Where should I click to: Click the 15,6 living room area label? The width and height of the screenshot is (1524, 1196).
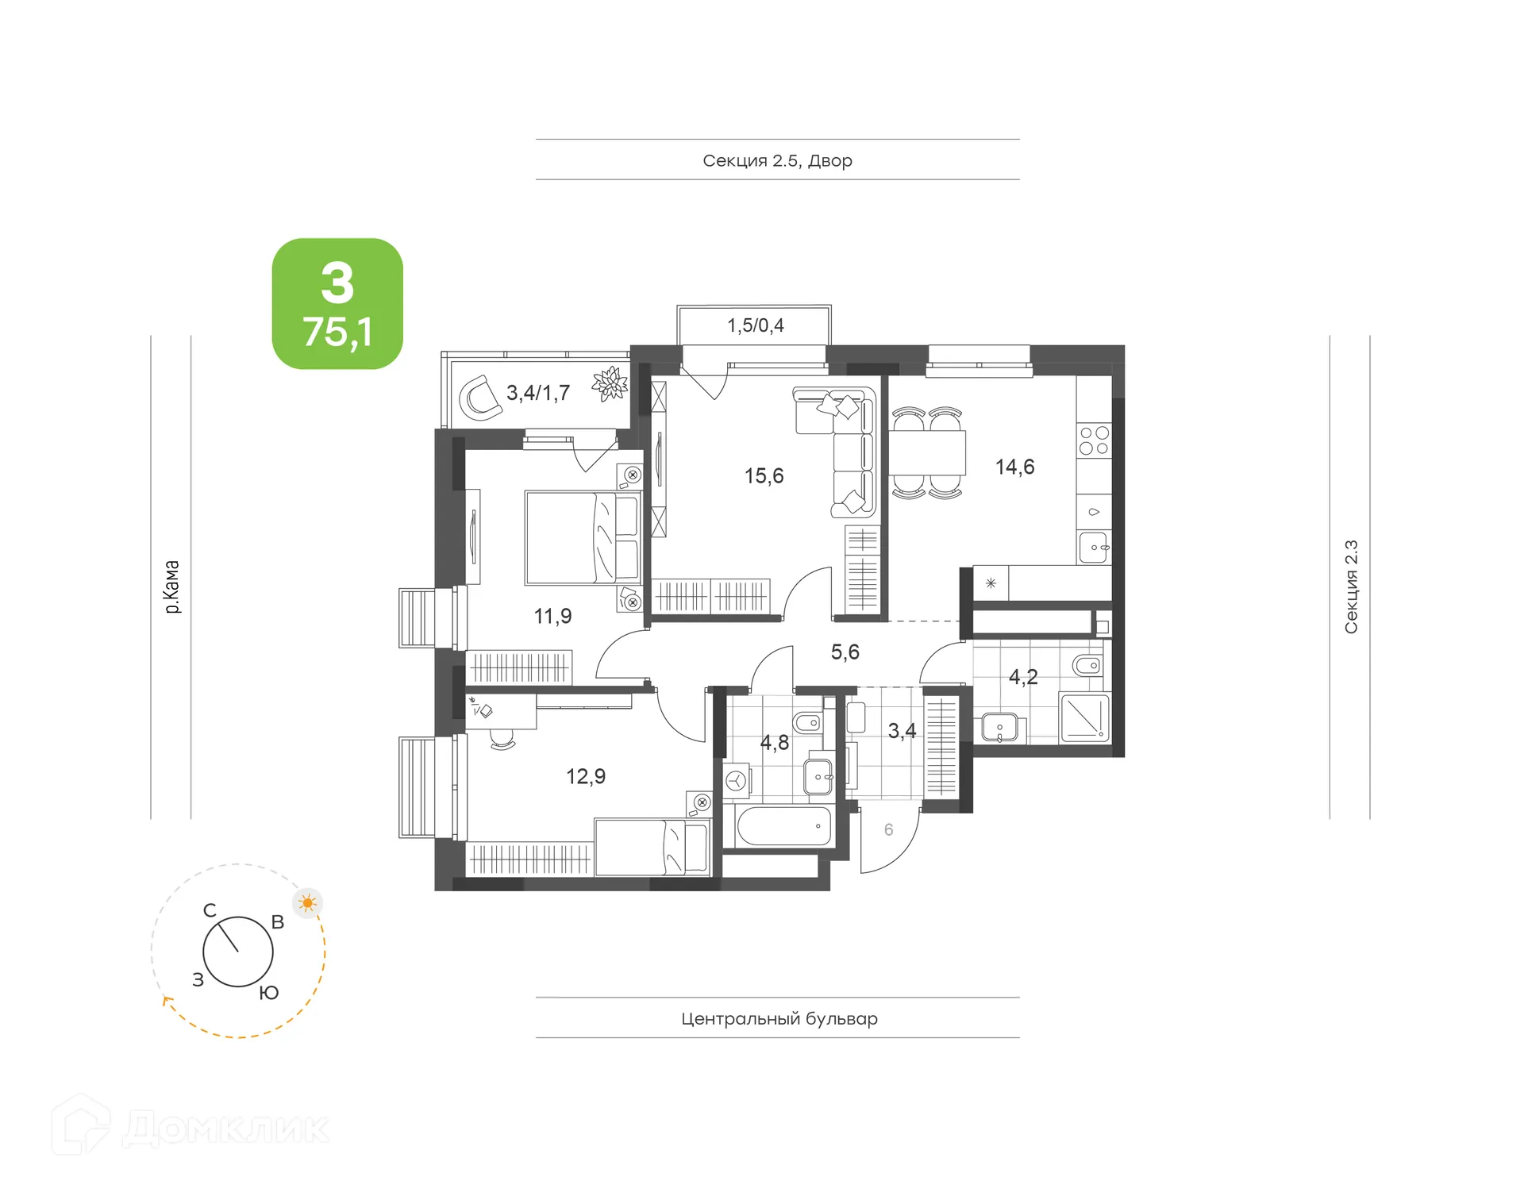pos(764,476)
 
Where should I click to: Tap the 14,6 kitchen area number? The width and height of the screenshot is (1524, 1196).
pos(1014,467)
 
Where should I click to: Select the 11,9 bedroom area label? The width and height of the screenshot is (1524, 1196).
pos(552,616)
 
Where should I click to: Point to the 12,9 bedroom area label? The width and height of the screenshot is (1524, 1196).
pos(585,776)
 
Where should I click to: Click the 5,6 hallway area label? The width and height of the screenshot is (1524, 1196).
pos(845,652)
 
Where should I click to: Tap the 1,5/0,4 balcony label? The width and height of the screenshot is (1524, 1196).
pos(755,325)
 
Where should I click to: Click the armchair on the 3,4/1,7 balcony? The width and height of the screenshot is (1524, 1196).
pos(480,398)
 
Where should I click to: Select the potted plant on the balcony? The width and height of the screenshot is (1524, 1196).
pos(610,384)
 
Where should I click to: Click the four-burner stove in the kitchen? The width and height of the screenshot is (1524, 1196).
pos(1093,440)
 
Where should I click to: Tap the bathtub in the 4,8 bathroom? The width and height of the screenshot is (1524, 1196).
pos(783,826)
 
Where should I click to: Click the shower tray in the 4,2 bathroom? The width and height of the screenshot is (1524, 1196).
pos(1083,717)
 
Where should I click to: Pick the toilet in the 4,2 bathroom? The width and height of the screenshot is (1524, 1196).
pos(1087,665)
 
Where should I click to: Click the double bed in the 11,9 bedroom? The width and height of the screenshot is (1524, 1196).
pos(582,537)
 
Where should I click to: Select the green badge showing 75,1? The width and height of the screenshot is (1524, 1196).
pos(337,304)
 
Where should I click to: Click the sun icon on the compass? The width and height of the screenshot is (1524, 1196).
pos(308,902)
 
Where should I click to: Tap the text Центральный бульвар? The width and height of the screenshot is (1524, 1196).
pos(779,1019)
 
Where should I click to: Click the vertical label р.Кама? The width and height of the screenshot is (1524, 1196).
pos(171,586)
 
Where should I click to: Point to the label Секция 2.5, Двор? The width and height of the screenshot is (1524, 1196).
pos(777,161)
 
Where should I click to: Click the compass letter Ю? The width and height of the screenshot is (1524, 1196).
pos(269,993)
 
